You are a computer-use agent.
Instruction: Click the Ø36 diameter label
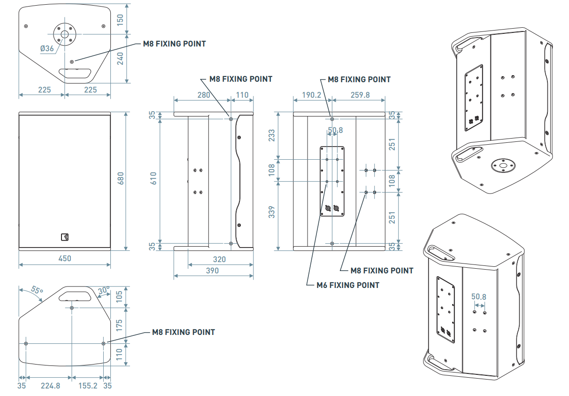click(x=47, y=48)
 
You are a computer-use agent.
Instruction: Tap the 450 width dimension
click(x=64, y=258)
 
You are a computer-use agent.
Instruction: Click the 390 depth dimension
click(x=213, y=271)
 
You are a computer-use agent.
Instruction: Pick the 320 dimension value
click(x=219, y=259)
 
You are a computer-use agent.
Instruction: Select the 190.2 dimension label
click(x=312, y=95)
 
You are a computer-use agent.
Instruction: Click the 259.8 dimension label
click(x=360, y=95)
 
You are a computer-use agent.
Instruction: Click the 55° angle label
click(x=37, y=290)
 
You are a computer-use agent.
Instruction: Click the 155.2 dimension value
click(x=88, y=386)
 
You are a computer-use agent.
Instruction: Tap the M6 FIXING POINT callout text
click(x=348, y=285)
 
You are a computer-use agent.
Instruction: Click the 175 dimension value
click(x=119, y=325)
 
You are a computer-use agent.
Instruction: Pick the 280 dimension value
click(x=203, y=95)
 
